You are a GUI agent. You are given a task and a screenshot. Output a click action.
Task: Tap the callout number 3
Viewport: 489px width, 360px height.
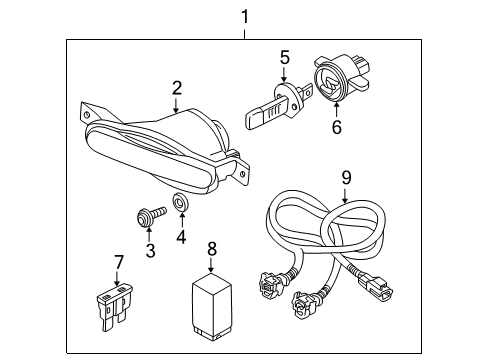click(x=151, y=250)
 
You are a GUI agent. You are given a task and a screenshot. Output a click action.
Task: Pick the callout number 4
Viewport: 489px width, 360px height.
click(x=182, y=237)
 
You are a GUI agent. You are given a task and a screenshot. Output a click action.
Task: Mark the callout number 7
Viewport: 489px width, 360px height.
click(x=119, y=262)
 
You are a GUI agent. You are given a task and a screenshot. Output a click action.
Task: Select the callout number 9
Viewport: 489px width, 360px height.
click(x=346, y=177)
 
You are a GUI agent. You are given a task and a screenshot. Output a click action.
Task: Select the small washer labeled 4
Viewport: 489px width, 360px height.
click(x=181, y=204)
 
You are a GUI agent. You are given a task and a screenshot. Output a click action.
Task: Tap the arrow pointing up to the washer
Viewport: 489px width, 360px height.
click(x=182, y=220)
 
